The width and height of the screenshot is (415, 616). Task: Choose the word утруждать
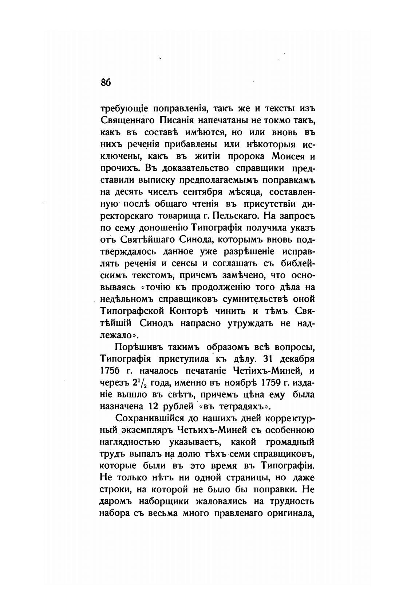[250, 323]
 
